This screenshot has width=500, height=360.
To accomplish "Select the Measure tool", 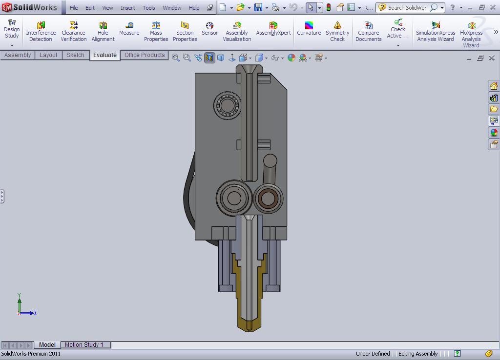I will tap(129, 29).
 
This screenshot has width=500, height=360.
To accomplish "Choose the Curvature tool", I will tap(309, 29).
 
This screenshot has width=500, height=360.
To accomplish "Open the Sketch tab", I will tap(75, 55).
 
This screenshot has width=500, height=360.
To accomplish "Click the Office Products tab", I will tap(144, 55).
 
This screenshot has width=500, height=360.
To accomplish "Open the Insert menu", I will tap(128, 8).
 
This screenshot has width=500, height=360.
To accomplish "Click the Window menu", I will tap(172, 8).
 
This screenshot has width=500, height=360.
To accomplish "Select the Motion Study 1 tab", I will tap(84, 345).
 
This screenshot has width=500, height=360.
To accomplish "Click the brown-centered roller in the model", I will tap(267, 198).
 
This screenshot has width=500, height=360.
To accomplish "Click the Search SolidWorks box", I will tap(407, 8).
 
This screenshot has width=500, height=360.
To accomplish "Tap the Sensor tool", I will tap(209, 29).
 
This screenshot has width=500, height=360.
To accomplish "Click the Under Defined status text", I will tap(373, 354).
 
